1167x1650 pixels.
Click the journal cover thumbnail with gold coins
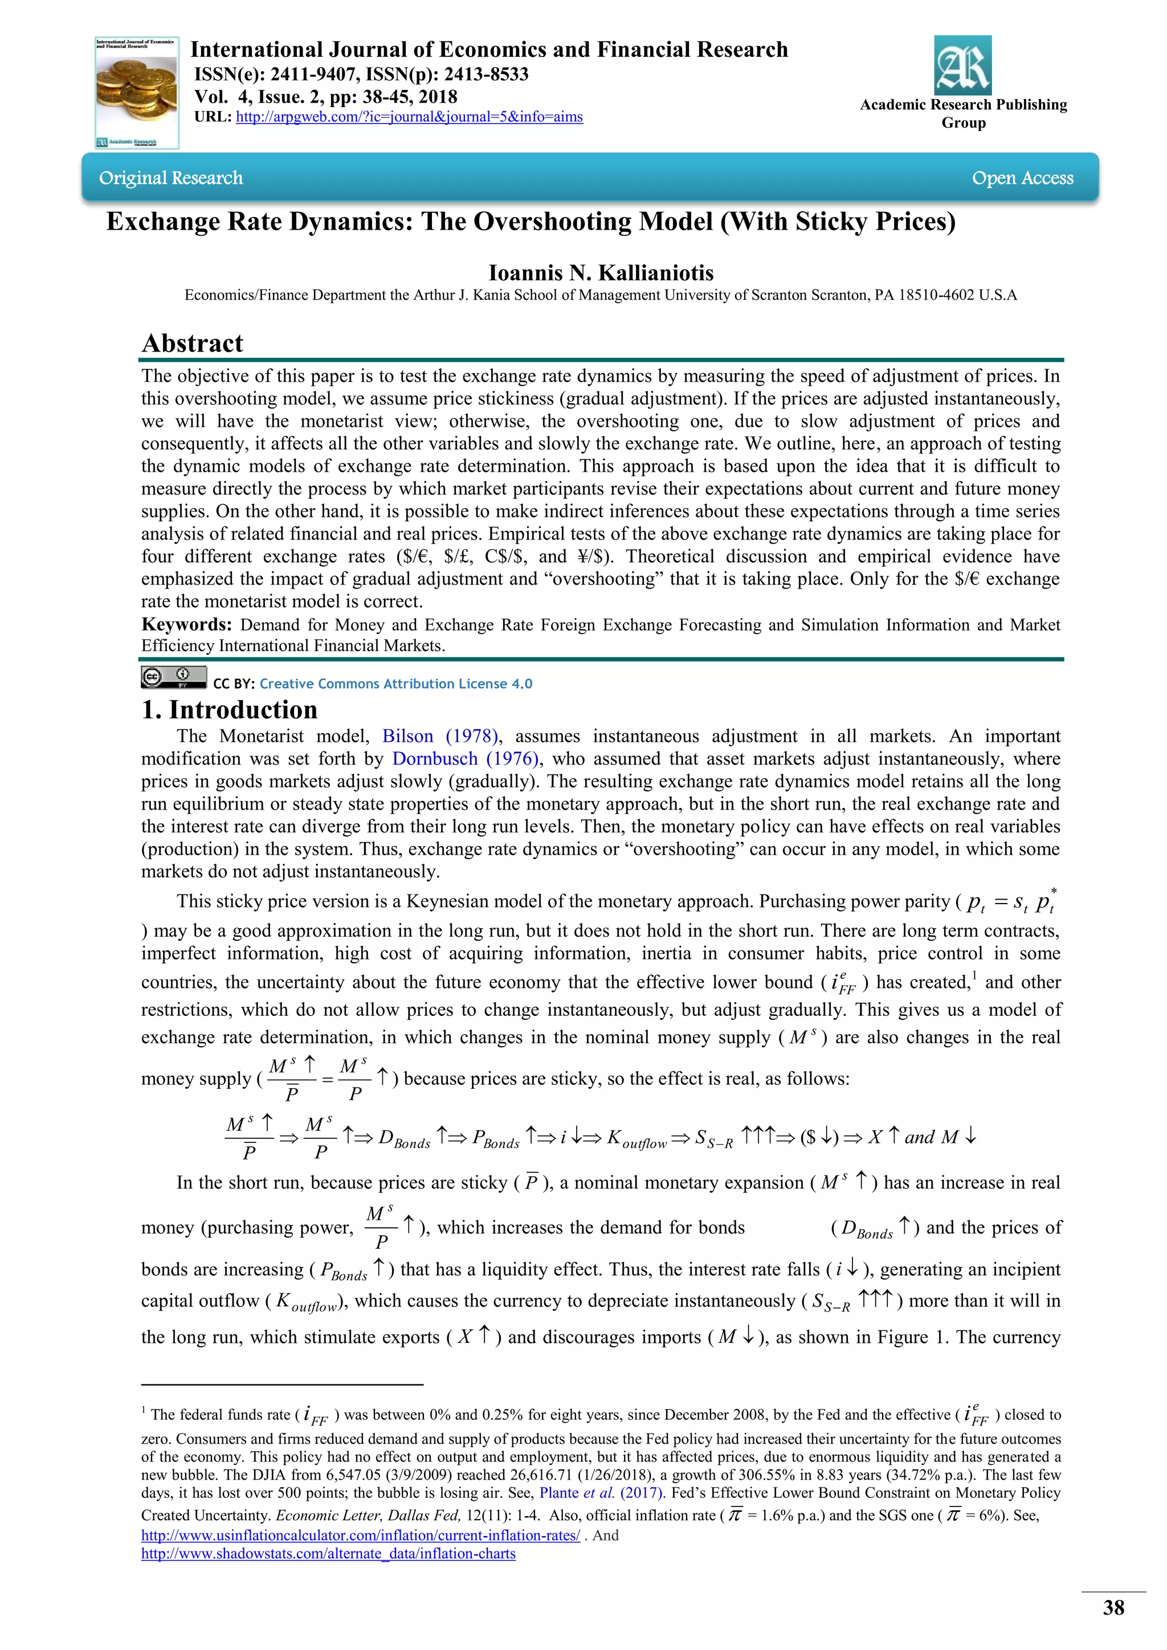pos(137,93)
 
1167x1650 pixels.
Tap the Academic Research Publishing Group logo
pos(962,66)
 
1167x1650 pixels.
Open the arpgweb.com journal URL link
pos(409,117)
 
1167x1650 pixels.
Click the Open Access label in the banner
pos(1022,178)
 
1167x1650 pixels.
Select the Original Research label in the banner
pos(171,178)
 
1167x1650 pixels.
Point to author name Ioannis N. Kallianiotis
pos(601,273)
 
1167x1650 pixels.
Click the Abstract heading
pos(193,344)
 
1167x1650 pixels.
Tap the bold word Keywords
pos(185,624)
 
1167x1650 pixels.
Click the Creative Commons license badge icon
pos(173,677)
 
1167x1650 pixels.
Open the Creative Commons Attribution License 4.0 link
pos(396,684)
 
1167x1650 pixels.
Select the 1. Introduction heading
pos(229,710)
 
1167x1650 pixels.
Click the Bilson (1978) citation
pos(440,737)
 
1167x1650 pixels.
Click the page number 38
pos(1113,1608)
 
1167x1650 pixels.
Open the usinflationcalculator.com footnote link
pos(360,1535)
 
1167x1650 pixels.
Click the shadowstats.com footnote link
pos(328,1554)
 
